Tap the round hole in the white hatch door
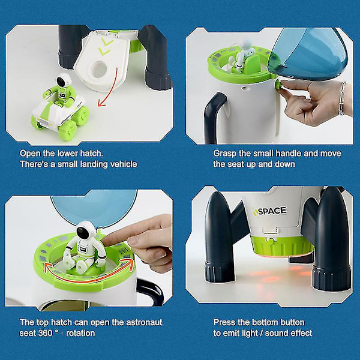100,68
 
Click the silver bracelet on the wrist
342,98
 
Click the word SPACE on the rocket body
272,211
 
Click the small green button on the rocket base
271,241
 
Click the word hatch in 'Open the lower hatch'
91,154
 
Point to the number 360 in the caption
46,333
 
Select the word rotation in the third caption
80,333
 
